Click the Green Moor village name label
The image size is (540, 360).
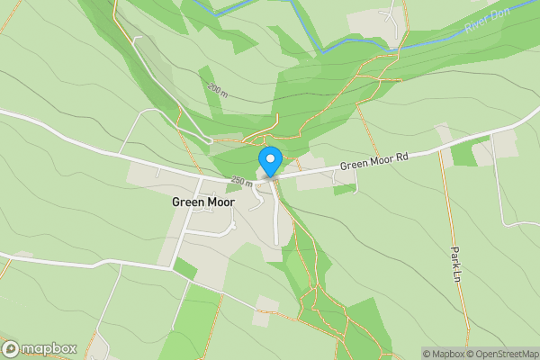point(203,202)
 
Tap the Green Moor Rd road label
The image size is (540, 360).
point(373,161)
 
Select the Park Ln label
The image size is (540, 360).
point(456,263)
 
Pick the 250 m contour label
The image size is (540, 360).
point(240,181)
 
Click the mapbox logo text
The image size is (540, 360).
point(49,348)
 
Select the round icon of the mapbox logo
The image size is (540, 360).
point(12,348)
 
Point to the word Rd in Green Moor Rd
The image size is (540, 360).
point(401,157)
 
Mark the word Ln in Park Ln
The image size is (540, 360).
point(456,274)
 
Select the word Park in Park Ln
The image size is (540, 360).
point(456,256)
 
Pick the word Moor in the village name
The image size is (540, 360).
point(220,202)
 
